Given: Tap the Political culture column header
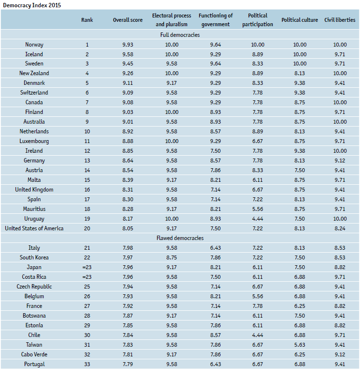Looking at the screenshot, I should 299,20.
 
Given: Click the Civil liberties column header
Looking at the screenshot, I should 340,20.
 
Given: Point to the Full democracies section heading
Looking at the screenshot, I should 180,35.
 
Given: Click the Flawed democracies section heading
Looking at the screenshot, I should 180,238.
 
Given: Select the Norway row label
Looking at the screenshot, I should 34,45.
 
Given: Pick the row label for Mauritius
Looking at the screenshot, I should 34,209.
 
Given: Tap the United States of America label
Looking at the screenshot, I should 34,228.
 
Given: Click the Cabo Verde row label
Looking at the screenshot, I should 34,354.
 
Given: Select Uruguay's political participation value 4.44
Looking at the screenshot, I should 258,219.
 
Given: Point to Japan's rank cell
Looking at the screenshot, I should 87,267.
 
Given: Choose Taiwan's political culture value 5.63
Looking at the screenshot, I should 299,345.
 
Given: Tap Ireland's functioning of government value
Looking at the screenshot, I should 216,151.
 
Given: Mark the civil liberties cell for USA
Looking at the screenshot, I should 340,228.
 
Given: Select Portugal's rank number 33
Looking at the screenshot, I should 87,364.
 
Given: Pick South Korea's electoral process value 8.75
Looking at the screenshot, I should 172,257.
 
